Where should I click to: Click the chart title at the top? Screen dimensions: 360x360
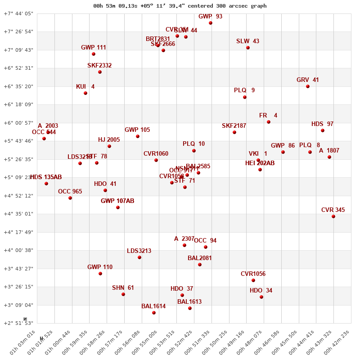(180, 6)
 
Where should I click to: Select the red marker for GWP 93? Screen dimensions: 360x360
(211, 23)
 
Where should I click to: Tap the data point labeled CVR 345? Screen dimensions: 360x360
(333, 216)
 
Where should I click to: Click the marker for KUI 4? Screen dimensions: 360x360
(85, 93)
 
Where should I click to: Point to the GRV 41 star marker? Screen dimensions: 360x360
(308, 86)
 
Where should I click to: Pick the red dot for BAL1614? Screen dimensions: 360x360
(154, 313)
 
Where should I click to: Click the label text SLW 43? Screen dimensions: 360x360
(247, 41)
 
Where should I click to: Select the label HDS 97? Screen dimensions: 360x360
(322, 124)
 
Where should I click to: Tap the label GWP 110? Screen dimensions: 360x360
(100, 267)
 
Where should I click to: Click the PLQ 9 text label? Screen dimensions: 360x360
(244, 90)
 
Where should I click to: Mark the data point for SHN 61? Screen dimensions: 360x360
(123, 294)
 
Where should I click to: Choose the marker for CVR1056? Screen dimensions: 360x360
(253, 280)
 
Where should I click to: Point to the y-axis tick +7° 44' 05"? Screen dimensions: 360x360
(18, 13)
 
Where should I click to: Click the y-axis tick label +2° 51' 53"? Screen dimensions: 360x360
(18, 323)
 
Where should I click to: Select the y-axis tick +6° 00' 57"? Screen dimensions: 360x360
(18, 123)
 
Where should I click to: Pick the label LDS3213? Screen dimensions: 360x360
(139, 251)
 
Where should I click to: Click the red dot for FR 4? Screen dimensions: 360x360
(269, 122)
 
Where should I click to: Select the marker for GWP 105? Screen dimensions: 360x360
(138, 136)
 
